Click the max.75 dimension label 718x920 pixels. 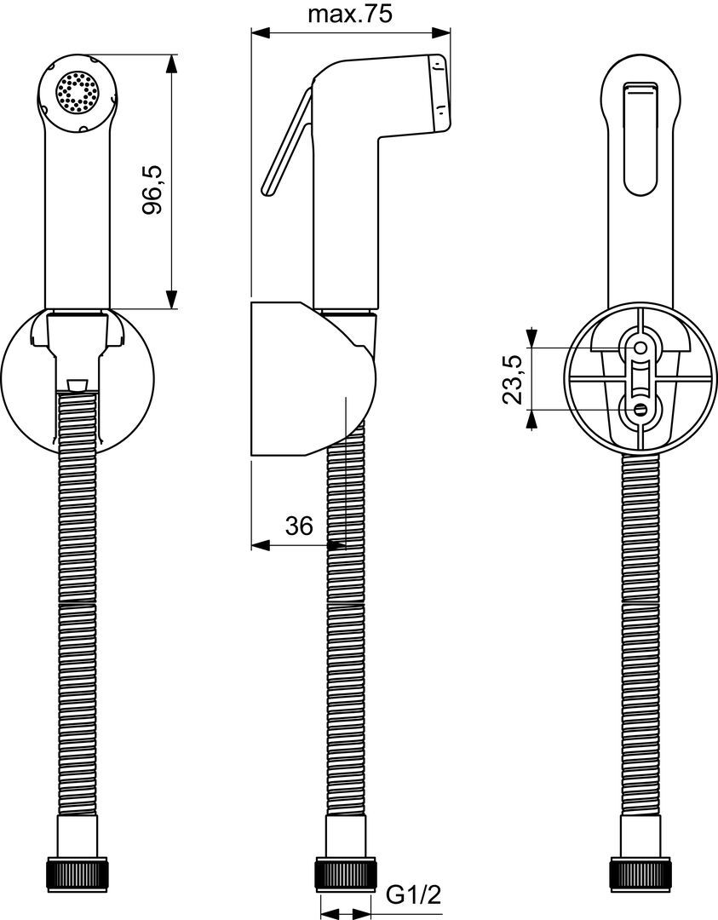coord(350,14)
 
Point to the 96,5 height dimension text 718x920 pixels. coord(152,189)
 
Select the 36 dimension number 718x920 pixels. coord(299,526)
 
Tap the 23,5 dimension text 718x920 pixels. coord(513,380)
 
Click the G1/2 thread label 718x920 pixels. coord(414,895)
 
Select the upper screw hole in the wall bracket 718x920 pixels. coord(640,348)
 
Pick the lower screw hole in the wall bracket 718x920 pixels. coord(640,409)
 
